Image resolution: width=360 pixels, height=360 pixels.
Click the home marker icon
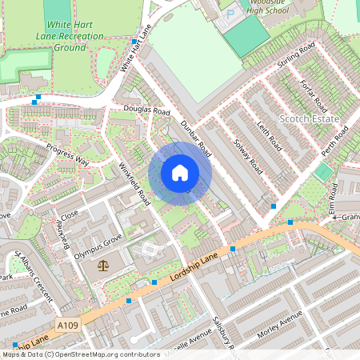click(180, 173)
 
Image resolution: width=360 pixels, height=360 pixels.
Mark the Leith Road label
click(270, 135)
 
